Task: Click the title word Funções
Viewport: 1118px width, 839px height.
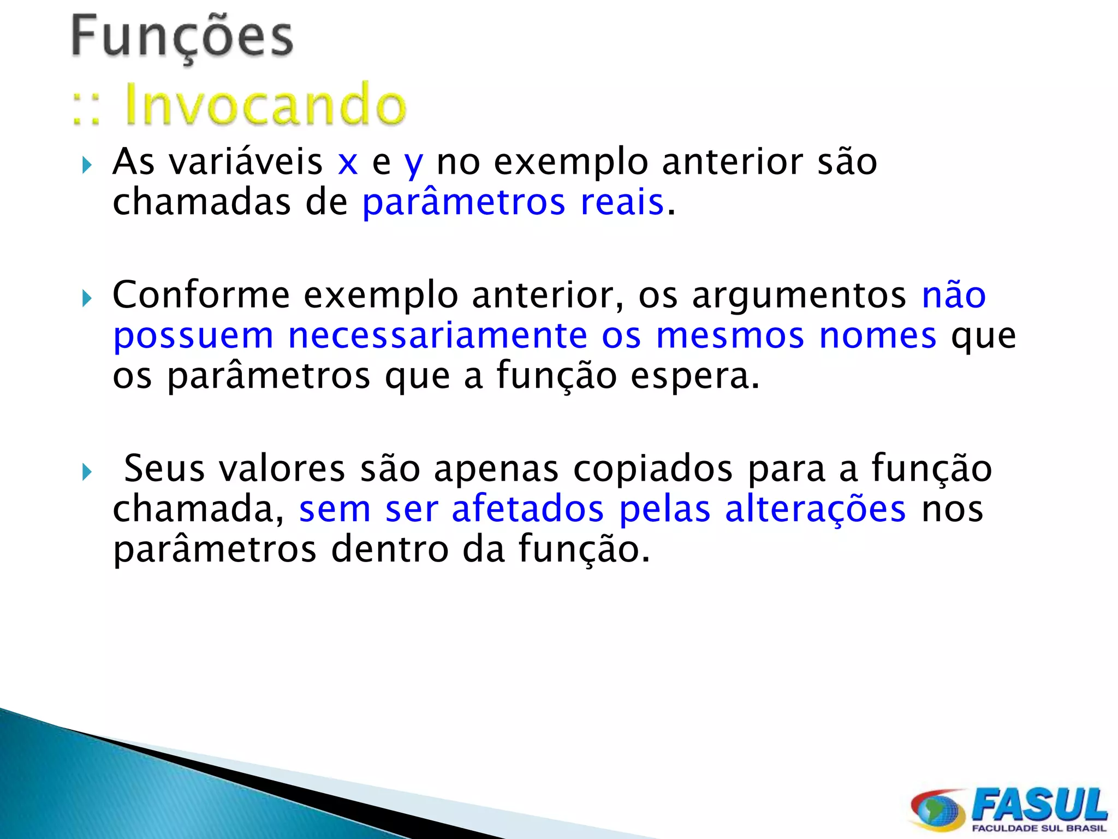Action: [x=182, y=37]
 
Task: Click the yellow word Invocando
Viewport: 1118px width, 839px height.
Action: [x=265, y=105]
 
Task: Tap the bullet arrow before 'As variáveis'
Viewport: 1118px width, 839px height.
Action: [x=87, y=165]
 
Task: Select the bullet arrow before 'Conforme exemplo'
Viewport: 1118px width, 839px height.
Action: [x=87, y=298]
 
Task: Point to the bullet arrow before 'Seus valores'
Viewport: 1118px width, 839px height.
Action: [x=87, y=471]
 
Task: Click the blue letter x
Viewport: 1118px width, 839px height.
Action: [x=348, y=163]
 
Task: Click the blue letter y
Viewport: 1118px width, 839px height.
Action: [x=414, y=164]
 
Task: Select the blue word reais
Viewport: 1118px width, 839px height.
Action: [x=622, y=202]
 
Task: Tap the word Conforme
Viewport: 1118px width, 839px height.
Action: [x=201, y=295]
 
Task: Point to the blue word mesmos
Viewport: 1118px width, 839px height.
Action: [x=730, y=336]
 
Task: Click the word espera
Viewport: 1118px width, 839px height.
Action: [x=694, y=377]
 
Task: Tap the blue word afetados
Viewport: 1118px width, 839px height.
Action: [x=528, y=509]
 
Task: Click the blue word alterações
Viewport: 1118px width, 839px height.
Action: [x=816, y=509]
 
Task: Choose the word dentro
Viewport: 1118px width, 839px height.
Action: [x=390, y=550]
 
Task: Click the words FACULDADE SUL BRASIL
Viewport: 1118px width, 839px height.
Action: [x=1039, y=828]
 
